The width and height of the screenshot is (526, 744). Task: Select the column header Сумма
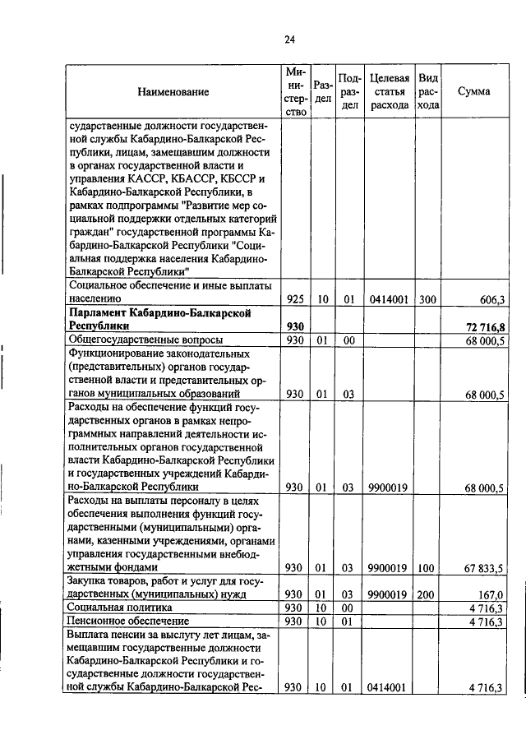[474, 92]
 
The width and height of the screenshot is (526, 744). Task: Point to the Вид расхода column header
[427, 92]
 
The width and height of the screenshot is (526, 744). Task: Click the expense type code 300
[427, 301]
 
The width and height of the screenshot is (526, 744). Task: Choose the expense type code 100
[427, 567]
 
